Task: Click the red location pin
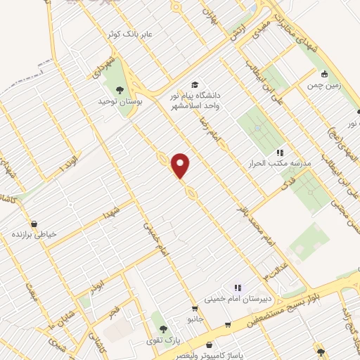pyautogui.click(x=181, y=165)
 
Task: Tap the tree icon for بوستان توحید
pyautogui.click(x=120, y=89)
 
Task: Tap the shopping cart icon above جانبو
pyautogui.click(x=195, y=309)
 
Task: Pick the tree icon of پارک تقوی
pyautogui.click(x=163, y=328)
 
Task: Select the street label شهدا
pyautogui.click(x=112, y=210)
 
